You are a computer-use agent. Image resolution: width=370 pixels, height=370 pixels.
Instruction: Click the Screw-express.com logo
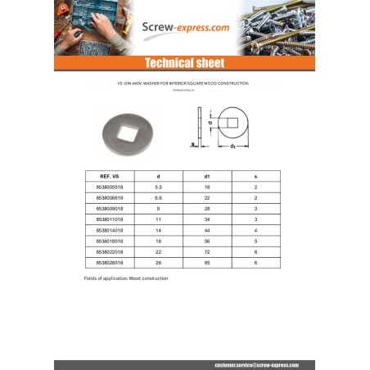(185, 27)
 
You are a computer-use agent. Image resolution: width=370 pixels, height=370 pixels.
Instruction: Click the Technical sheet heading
(184, 63)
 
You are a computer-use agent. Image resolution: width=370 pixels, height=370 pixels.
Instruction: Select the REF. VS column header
(111, 176)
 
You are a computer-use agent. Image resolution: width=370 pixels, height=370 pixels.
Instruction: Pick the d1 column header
(207, 176)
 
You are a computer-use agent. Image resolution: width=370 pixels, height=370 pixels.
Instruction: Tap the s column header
(255, 176)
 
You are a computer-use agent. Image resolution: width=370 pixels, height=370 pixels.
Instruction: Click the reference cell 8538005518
(111, 187)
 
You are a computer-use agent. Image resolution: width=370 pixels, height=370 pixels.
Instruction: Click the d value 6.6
(159, 198)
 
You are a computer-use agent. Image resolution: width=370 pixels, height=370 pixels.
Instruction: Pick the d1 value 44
(207, 231)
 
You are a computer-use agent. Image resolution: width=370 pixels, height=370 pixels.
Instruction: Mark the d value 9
(159, 209)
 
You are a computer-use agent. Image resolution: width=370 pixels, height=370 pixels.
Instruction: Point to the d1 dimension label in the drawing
(232, 147)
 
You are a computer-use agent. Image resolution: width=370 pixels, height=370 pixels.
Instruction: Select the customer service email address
(252, 363)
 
